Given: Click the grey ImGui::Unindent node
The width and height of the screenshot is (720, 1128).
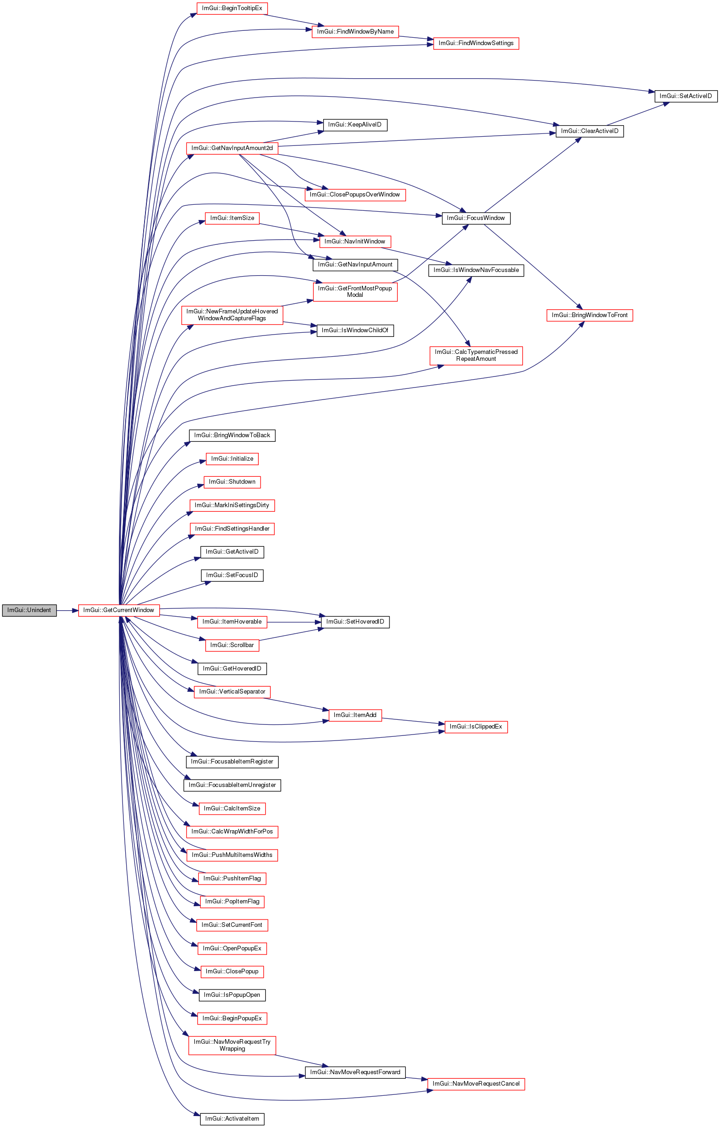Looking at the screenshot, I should pos(29,610).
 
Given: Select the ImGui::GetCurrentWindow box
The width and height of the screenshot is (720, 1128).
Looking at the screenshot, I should pos(118,610).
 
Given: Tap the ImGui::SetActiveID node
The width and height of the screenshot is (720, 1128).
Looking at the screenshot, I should pos(685,96).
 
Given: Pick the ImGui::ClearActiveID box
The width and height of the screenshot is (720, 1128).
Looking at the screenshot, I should pos(589,131).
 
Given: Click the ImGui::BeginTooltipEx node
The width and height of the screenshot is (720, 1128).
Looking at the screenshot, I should pos(232,8).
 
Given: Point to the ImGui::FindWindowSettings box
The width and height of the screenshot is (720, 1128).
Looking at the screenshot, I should pos(476,43).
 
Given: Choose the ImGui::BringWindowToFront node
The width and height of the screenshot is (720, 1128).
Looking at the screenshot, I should pos(589,315).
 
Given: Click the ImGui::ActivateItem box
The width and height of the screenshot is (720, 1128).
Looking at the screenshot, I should pos(232,1119).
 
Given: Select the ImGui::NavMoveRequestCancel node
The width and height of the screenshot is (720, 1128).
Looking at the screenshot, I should pos(476,1084).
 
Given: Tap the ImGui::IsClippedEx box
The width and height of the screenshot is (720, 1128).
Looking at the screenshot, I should pos(476,727).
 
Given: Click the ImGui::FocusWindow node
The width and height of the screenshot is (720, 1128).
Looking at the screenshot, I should pos(476,218).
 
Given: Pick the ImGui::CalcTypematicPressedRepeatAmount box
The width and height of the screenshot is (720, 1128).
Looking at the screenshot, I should pos(476,356).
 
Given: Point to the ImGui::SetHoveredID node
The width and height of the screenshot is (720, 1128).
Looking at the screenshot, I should pos(355,622).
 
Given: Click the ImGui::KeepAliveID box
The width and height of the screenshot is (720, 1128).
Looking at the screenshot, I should pos(355,125).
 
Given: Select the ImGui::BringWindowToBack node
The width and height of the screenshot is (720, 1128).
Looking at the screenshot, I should pos(232,436).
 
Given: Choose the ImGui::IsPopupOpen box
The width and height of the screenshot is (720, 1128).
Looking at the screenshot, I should pos(232,995).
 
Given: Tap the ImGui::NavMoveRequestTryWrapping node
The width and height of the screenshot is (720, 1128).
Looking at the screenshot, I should pos(232,1045).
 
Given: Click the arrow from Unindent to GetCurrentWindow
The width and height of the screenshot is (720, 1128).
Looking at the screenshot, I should pos(67,610).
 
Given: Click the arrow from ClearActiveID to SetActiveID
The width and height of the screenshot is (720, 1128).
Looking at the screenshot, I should pos(637,114).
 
